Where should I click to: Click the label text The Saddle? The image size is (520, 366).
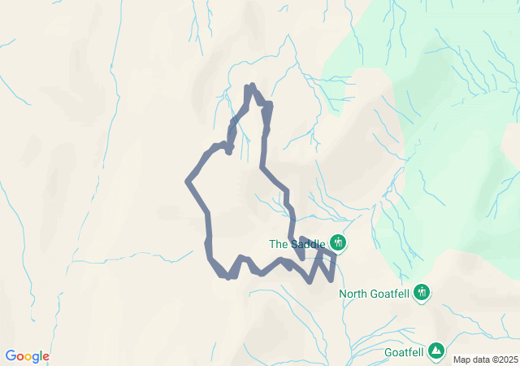coord(297,243)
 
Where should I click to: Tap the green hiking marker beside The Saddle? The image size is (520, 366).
coord(338,242)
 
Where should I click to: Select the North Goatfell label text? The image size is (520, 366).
coord(375,294)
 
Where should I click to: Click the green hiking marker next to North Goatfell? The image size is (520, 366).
coord(422,292)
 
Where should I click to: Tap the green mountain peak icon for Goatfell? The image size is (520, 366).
coord(437,351)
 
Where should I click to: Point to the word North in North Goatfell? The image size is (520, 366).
coord(354,294)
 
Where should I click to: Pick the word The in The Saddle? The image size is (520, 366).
coord(279,243)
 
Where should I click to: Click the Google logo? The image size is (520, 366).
coord(27,356)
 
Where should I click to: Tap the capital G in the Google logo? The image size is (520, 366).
coord(11,356)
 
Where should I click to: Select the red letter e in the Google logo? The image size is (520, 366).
coord(45,357)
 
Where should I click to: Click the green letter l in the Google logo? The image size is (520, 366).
coord(41,356)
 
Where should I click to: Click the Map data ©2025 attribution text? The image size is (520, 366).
coord(484,359)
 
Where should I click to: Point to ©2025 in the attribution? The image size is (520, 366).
coord(503,359)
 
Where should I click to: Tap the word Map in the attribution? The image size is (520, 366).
coord(461,359)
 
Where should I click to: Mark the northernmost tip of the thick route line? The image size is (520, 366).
coord(252,85)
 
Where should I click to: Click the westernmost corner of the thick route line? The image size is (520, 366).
coord(188,181)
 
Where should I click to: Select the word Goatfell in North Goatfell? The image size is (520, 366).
coord(391,294)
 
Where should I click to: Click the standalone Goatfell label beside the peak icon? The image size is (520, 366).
coord(405,352)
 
